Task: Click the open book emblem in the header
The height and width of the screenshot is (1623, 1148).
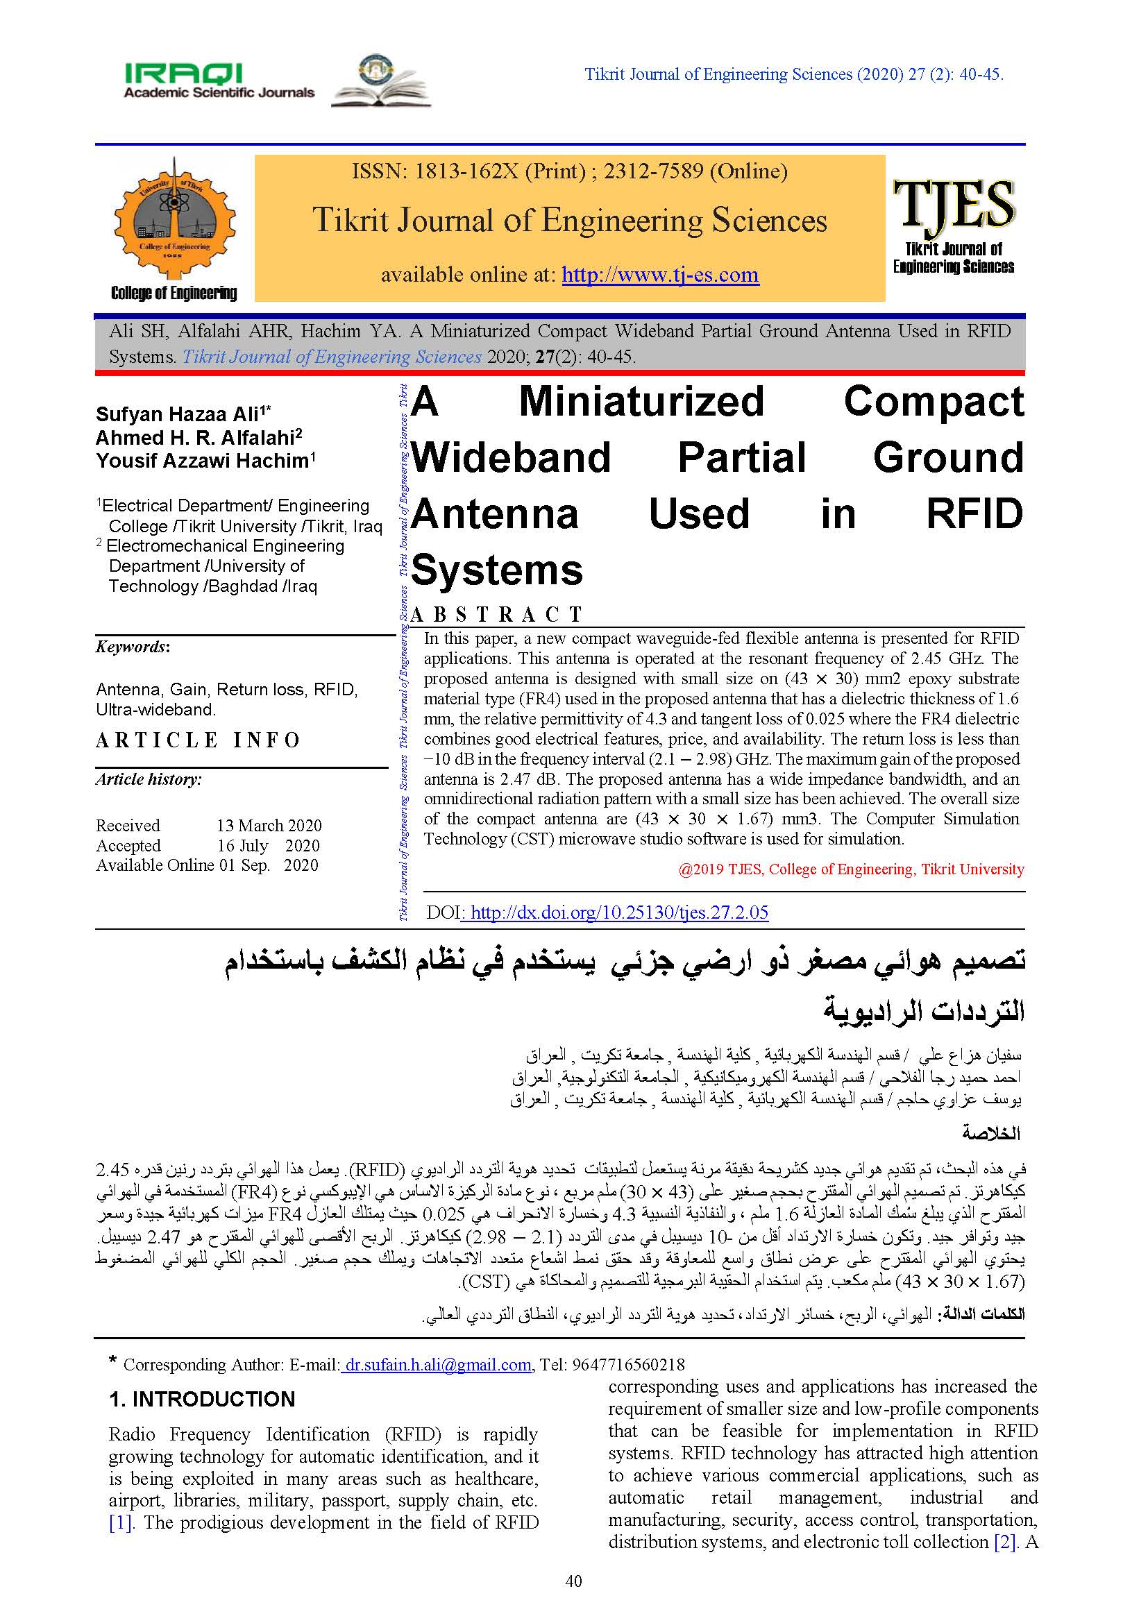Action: coord(381,82)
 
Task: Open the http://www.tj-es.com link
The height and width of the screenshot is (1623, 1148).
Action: coord(659,274)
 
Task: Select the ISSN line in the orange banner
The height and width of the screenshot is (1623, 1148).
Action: coord(569,171)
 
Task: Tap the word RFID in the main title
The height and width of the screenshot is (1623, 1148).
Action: coord(974,514)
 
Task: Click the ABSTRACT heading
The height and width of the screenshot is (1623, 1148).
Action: coord(496,614)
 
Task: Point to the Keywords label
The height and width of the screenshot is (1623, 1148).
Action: coord(132,647)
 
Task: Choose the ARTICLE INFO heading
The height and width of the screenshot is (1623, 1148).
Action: coord(199,740)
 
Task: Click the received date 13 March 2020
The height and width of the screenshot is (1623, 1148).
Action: coord(269,826)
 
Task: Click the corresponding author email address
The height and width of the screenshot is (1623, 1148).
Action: coord(436,1364)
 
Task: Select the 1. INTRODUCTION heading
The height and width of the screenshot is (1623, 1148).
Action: coord(201,1399)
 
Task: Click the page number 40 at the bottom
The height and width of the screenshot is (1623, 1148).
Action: coord(573,1581)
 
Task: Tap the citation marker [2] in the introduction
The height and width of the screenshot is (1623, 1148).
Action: coord(1004,1542)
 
